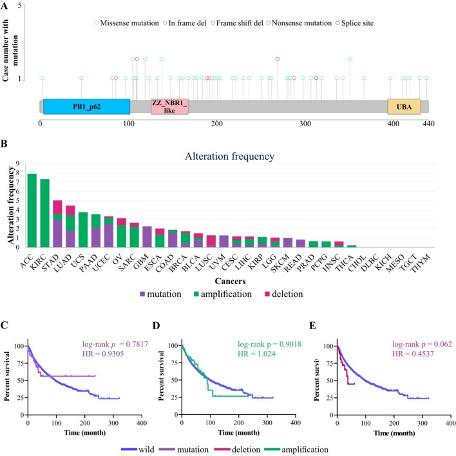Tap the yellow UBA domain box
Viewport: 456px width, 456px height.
point(404,106)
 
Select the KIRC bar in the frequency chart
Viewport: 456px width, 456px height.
point(45,213)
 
